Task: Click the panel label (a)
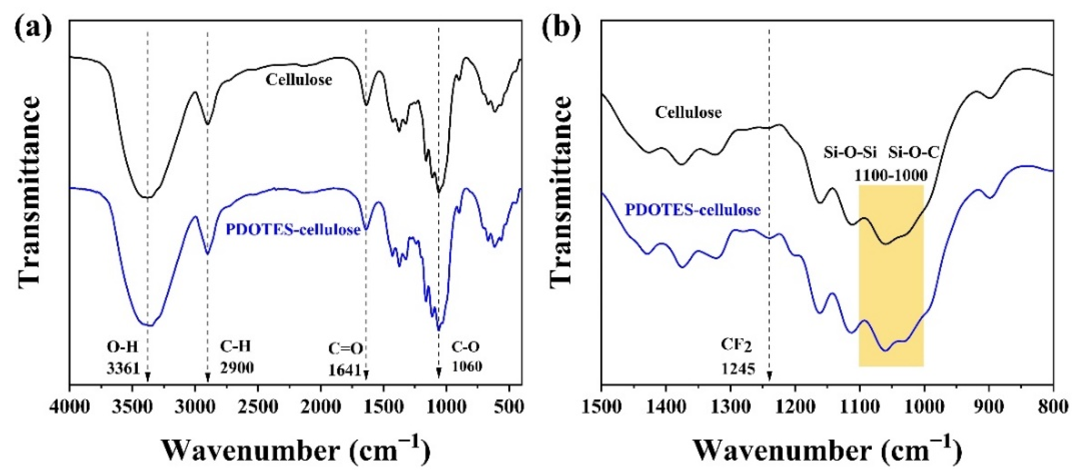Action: (33, 27)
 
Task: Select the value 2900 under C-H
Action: (237, 367)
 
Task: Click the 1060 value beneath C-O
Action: (467, 366)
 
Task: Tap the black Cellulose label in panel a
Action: (298, 80)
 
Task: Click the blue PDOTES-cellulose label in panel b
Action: (692, 209)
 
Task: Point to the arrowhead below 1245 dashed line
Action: (769, 376)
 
